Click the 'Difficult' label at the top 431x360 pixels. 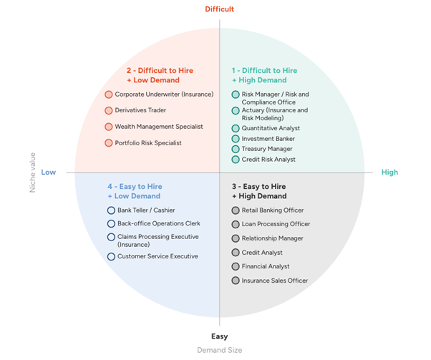coord(219,9)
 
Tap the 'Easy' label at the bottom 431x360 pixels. coord(219,336)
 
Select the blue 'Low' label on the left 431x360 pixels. coord(49,172)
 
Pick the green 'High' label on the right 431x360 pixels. coord(389,172)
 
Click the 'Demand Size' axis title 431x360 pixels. coord(219,350)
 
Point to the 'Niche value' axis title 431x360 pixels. coord(32,172)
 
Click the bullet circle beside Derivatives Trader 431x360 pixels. coord(109,111)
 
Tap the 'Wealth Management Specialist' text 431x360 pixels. coord(159,127)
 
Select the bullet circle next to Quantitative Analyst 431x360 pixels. coord(236,129)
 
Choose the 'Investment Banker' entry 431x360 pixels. coord(268,139)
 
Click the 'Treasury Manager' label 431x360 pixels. coord(267,149)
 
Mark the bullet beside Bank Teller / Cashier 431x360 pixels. coord(111,210)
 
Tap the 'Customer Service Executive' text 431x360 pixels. coord(158,256)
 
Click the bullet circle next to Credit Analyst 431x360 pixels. coord(236,253)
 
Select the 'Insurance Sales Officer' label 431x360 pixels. coord(275,281)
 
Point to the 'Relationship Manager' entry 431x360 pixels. coord(272,238)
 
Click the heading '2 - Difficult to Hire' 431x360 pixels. coord(160,71)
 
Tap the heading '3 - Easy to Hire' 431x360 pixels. coord(258,186)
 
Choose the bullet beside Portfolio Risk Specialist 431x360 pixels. coord(109,143)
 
